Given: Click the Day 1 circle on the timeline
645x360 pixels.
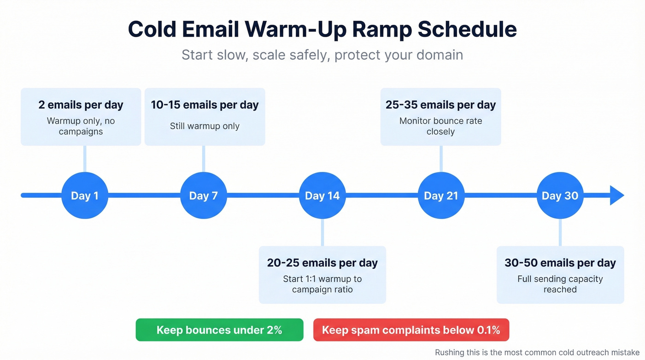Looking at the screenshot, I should click(84, 195).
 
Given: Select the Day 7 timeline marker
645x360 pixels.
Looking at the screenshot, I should click(203, 195).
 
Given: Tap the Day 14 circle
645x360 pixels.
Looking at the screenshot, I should click(322, 195).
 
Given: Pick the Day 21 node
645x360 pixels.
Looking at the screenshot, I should click(441, 195).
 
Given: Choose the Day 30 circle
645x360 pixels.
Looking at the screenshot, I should click(560, 195).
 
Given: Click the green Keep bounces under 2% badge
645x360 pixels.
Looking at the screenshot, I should click(219, 330).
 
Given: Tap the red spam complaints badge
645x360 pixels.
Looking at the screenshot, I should click(411, 330).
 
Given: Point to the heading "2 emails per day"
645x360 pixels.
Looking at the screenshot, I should click(81, 105).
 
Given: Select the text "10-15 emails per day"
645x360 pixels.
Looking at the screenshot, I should click(205, 105).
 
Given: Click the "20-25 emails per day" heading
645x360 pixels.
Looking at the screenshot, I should click(322, 263).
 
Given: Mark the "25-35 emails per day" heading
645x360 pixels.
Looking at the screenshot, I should click(440, 105).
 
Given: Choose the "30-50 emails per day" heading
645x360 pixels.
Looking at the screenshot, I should click(560, 263).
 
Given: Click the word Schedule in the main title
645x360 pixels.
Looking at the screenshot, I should click(467, 30).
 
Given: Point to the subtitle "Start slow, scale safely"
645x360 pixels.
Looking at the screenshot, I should click(256, 55).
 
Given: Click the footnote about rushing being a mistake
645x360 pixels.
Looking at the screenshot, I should click(537, 352).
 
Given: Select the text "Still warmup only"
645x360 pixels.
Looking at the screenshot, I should click(205, 126).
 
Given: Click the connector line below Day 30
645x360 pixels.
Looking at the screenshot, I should click(560, 232).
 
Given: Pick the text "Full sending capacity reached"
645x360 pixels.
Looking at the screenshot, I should click(560, 284).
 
